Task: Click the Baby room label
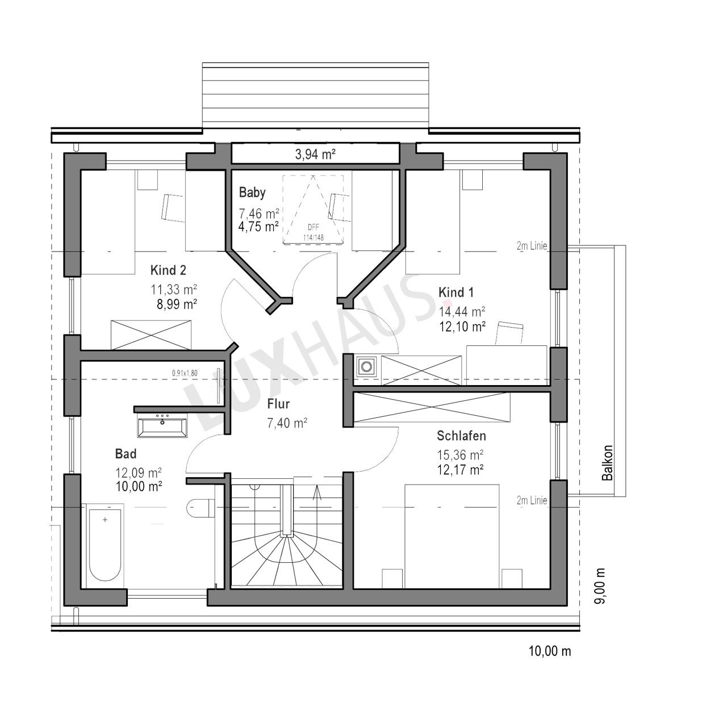252,193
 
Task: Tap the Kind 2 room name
168,270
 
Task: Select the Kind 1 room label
456,292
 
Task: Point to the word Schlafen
461,436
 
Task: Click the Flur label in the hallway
278,404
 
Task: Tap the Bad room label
126,453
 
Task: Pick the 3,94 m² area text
315,154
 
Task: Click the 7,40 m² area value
287,423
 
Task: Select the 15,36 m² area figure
460,455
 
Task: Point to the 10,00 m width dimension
550,651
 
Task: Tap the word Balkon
607,462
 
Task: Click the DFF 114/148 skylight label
313,232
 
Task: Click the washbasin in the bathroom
162,427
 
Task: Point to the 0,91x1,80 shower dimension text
185,373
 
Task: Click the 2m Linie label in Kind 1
532,246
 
